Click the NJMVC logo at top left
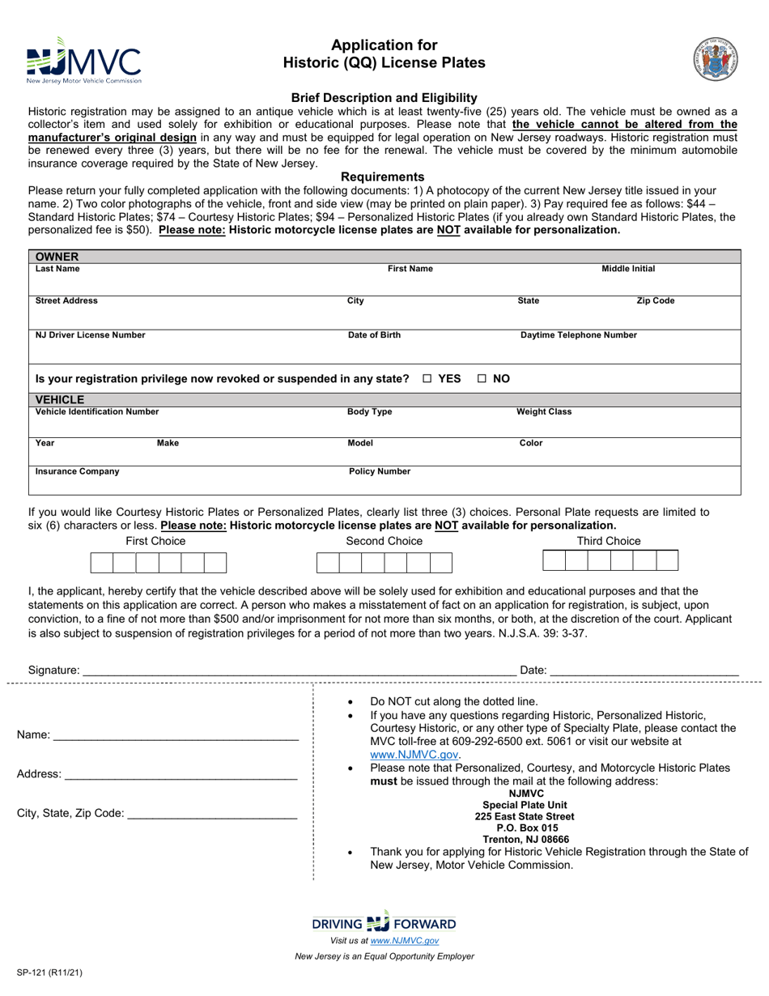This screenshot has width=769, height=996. pyautogui.click(x=83, y=61)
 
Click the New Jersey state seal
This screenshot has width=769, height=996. pyautogui.click(x=715, y=58)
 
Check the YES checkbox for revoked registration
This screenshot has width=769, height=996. pyautogui.click(x=427, y=378)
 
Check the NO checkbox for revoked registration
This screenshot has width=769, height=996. pyautogui.click(x=482, y=378)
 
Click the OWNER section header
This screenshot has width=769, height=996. pyautogui.click(x=57, y=257)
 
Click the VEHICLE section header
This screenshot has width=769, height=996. pyautogui.click(x=60, y=399)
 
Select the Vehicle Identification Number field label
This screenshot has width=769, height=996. pyautogui.click(x=97, y=412)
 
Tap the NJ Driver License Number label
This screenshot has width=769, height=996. pyautogui.click(x=91, y=335)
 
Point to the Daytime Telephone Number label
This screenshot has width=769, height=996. pyautogui.click(x=578, y=335)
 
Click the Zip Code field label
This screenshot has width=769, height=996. pyautogui.click(x=655, y=301)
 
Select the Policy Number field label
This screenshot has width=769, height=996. pyautogui.click(x=380, y=471)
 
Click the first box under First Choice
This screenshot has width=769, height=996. pyautogui.click(x=101, y=563)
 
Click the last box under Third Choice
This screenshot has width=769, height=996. pyautogui.click(x=667, y=560)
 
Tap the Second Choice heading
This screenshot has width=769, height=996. pyautogui.click(x=384, y=541)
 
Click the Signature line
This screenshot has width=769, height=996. pyautogui.click(x=300, y=670)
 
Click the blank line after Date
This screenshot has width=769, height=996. pyautogui.click(x=644, y=670)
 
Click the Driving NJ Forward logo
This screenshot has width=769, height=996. pyautogui.click(x=384, y=923)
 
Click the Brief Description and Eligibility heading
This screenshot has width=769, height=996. pyautogui.click(x=384, y=97)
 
